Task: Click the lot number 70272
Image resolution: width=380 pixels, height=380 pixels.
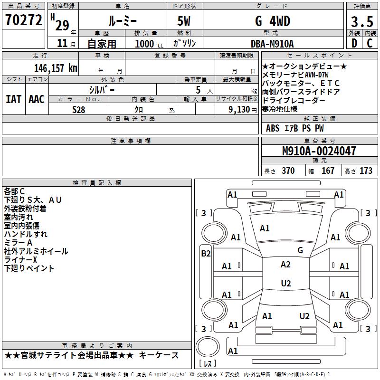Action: [23, 20]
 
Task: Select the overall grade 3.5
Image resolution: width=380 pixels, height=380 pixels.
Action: [362, 21]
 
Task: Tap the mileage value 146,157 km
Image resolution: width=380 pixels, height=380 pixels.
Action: [56, 68]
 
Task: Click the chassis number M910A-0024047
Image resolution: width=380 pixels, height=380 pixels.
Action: [319, 151]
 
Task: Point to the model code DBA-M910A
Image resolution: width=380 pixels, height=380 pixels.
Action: [272, 44]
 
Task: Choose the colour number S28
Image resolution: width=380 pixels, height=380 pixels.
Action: [79, 110]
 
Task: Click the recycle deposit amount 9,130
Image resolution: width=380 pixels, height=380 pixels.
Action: [239, 110]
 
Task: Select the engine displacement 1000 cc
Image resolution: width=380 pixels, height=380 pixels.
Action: [149, 44]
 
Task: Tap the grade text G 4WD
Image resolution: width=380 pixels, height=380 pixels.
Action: [273, 21]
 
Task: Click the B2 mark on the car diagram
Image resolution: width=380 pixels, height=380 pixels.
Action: [206, 254]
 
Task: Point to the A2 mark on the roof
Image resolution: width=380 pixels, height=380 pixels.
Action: [285, 265]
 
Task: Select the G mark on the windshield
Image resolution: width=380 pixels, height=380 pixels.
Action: [300, 250]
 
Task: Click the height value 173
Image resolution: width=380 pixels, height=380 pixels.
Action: [366, 171]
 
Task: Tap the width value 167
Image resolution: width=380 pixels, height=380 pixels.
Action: [328, 171]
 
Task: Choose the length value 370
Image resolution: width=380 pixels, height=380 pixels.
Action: [288, 171]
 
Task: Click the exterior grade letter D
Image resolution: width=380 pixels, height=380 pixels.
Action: [354, 43]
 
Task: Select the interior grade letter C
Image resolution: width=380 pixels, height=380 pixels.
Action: [370, 43]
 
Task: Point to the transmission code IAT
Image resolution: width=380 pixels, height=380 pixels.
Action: [14, 99]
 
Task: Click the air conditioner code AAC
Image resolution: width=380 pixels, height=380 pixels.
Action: [37, 99]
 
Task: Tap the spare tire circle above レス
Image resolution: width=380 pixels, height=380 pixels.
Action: [208, 347]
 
